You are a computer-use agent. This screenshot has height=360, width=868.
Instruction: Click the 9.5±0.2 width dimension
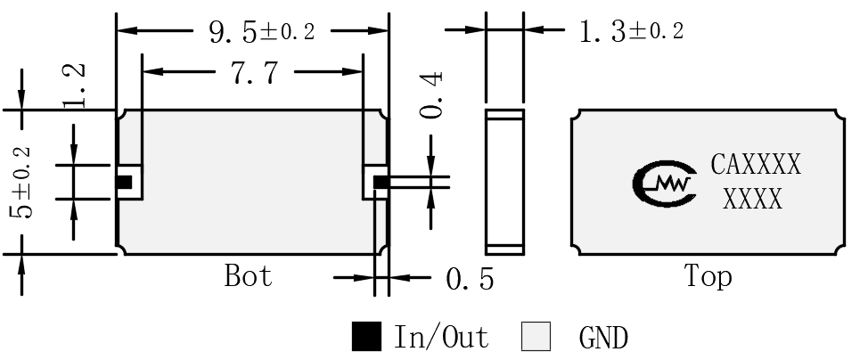point(262,32)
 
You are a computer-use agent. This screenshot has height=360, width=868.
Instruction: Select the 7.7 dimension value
point(255,73)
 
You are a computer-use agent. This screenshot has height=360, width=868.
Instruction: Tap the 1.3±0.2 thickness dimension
point(631,31)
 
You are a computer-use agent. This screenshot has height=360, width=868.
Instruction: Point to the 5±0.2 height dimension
point(23,182)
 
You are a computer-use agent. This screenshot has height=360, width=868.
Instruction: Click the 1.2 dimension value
point(74,85)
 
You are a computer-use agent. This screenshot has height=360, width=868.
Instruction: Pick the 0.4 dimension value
point(431,94)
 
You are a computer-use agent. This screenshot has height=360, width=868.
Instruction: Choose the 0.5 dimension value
point(470,279)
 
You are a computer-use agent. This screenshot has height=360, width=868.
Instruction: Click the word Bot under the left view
point(248,275)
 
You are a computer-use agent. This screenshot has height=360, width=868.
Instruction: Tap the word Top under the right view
point(708,276)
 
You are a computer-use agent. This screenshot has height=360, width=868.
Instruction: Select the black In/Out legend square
point(366,336)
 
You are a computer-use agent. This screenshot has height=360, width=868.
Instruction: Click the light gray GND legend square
point(536,336)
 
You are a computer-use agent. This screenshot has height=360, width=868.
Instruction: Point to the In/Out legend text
point(441,337)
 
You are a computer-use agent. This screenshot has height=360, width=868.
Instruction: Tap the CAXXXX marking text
point(756,165)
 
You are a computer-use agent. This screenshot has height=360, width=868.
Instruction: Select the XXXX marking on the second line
point(753,199)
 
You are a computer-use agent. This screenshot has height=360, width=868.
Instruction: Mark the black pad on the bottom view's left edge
point(124,182)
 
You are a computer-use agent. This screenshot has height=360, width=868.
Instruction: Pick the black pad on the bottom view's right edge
point(381,182)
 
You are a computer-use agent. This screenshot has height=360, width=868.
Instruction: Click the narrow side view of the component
point(505,182)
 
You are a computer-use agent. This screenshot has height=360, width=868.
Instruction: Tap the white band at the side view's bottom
point(505,250)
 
